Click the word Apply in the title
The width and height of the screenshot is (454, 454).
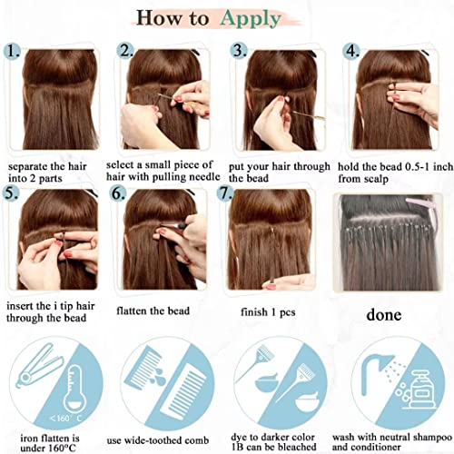(251, 19)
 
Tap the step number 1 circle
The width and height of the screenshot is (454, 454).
(12, 51)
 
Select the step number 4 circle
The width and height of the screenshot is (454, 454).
(351, 51)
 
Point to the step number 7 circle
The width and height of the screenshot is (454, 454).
(225, 192)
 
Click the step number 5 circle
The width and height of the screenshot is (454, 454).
(10, 192)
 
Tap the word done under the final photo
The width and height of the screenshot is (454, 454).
(384, 315)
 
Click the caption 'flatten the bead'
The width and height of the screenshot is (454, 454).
(153, 311)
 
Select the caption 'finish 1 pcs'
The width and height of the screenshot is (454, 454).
(268, 312)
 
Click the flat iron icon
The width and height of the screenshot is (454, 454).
(39, 366)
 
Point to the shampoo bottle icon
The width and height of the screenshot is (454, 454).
(419, 390)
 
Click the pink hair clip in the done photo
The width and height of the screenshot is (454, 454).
(419, 202)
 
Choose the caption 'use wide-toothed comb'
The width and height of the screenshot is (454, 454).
(158, 440)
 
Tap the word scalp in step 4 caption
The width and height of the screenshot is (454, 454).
(376, 179)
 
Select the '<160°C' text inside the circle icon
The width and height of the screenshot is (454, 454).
(66, 419)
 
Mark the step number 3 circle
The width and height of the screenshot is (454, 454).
(239, 51)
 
